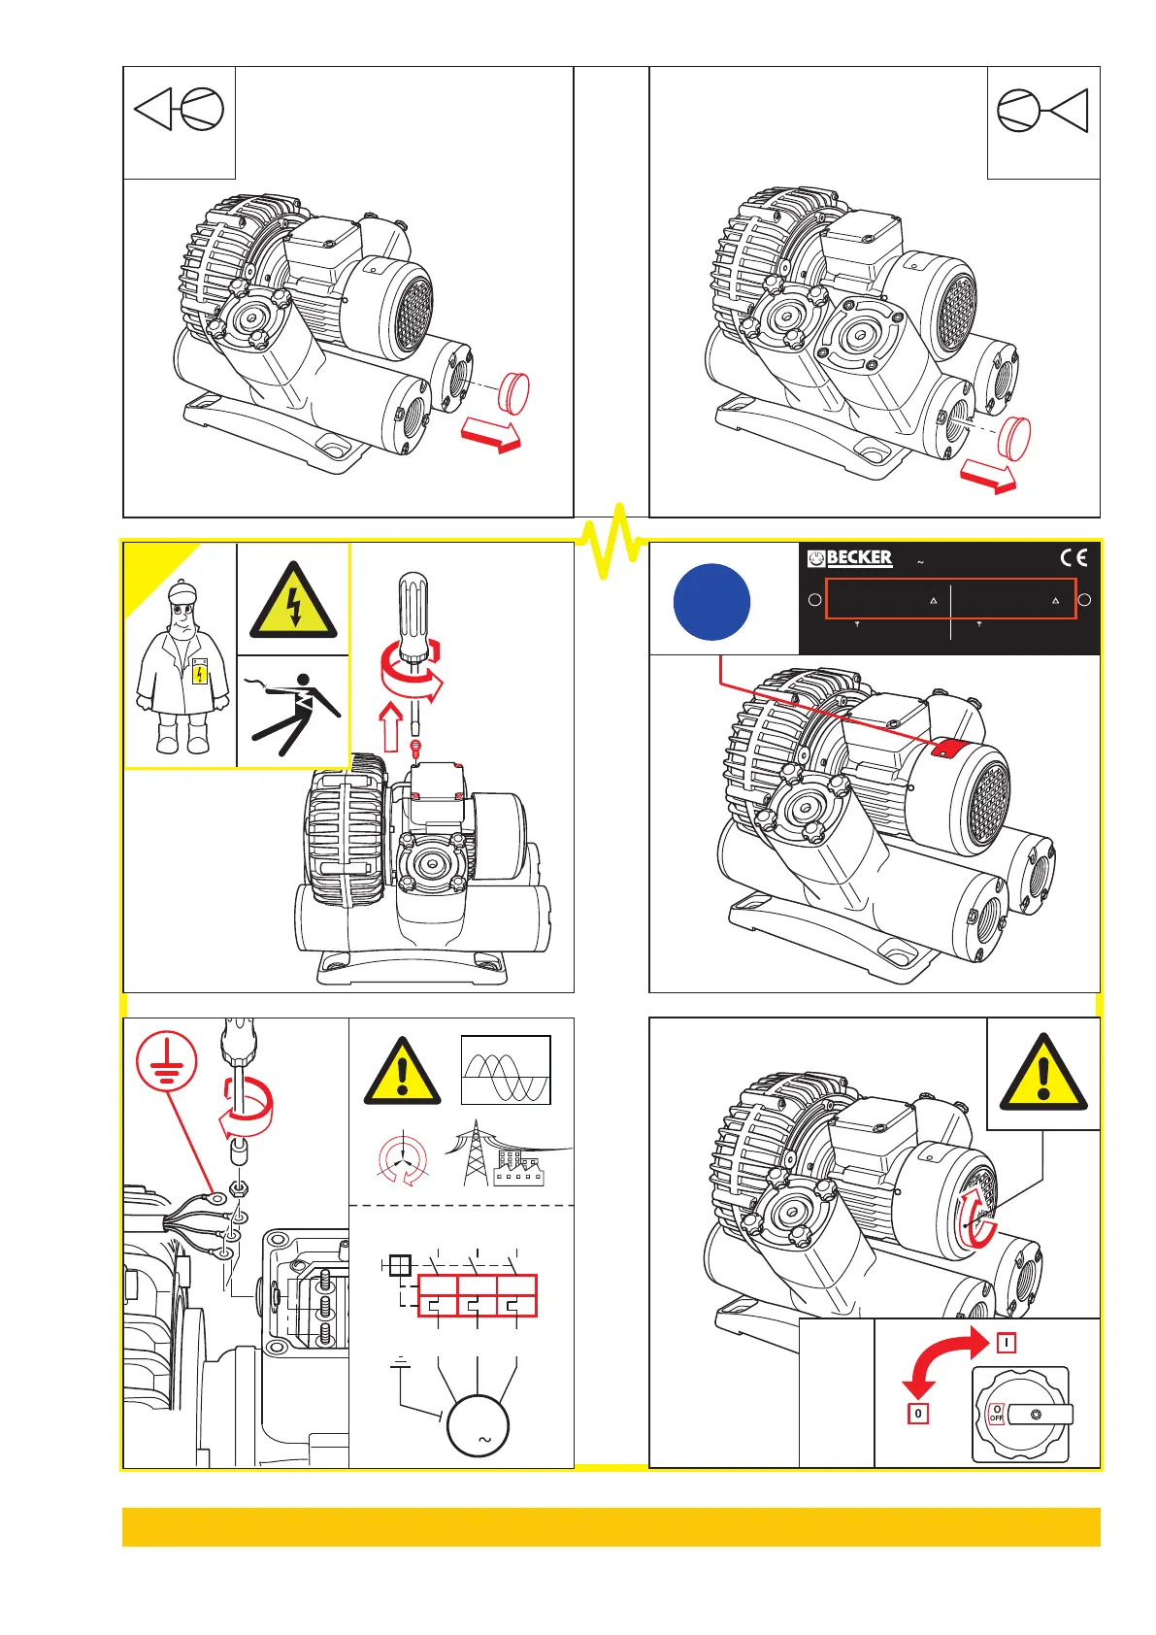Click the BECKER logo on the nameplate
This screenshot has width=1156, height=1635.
pos(850,558)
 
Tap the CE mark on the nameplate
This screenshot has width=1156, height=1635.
pos(1073,558)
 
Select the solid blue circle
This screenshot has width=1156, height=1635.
pos(711,602)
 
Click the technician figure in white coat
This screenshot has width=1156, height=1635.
pos(182,670)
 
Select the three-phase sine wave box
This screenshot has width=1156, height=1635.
pos(506,1070)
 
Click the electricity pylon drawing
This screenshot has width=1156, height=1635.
pos(476,1153)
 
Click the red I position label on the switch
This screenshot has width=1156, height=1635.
pos(1007,1343)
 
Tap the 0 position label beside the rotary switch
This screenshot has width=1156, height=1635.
pos(917,1413)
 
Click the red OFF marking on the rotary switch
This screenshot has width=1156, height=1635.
pos(996,1414)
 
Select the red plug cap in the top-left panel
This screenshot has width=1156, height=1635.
pos(512,392)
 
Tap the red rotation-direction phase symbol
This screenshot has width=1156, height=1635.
pos(402,1159)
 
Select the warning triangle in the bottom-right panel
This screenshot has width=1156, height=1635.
pos(1043,1074)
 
